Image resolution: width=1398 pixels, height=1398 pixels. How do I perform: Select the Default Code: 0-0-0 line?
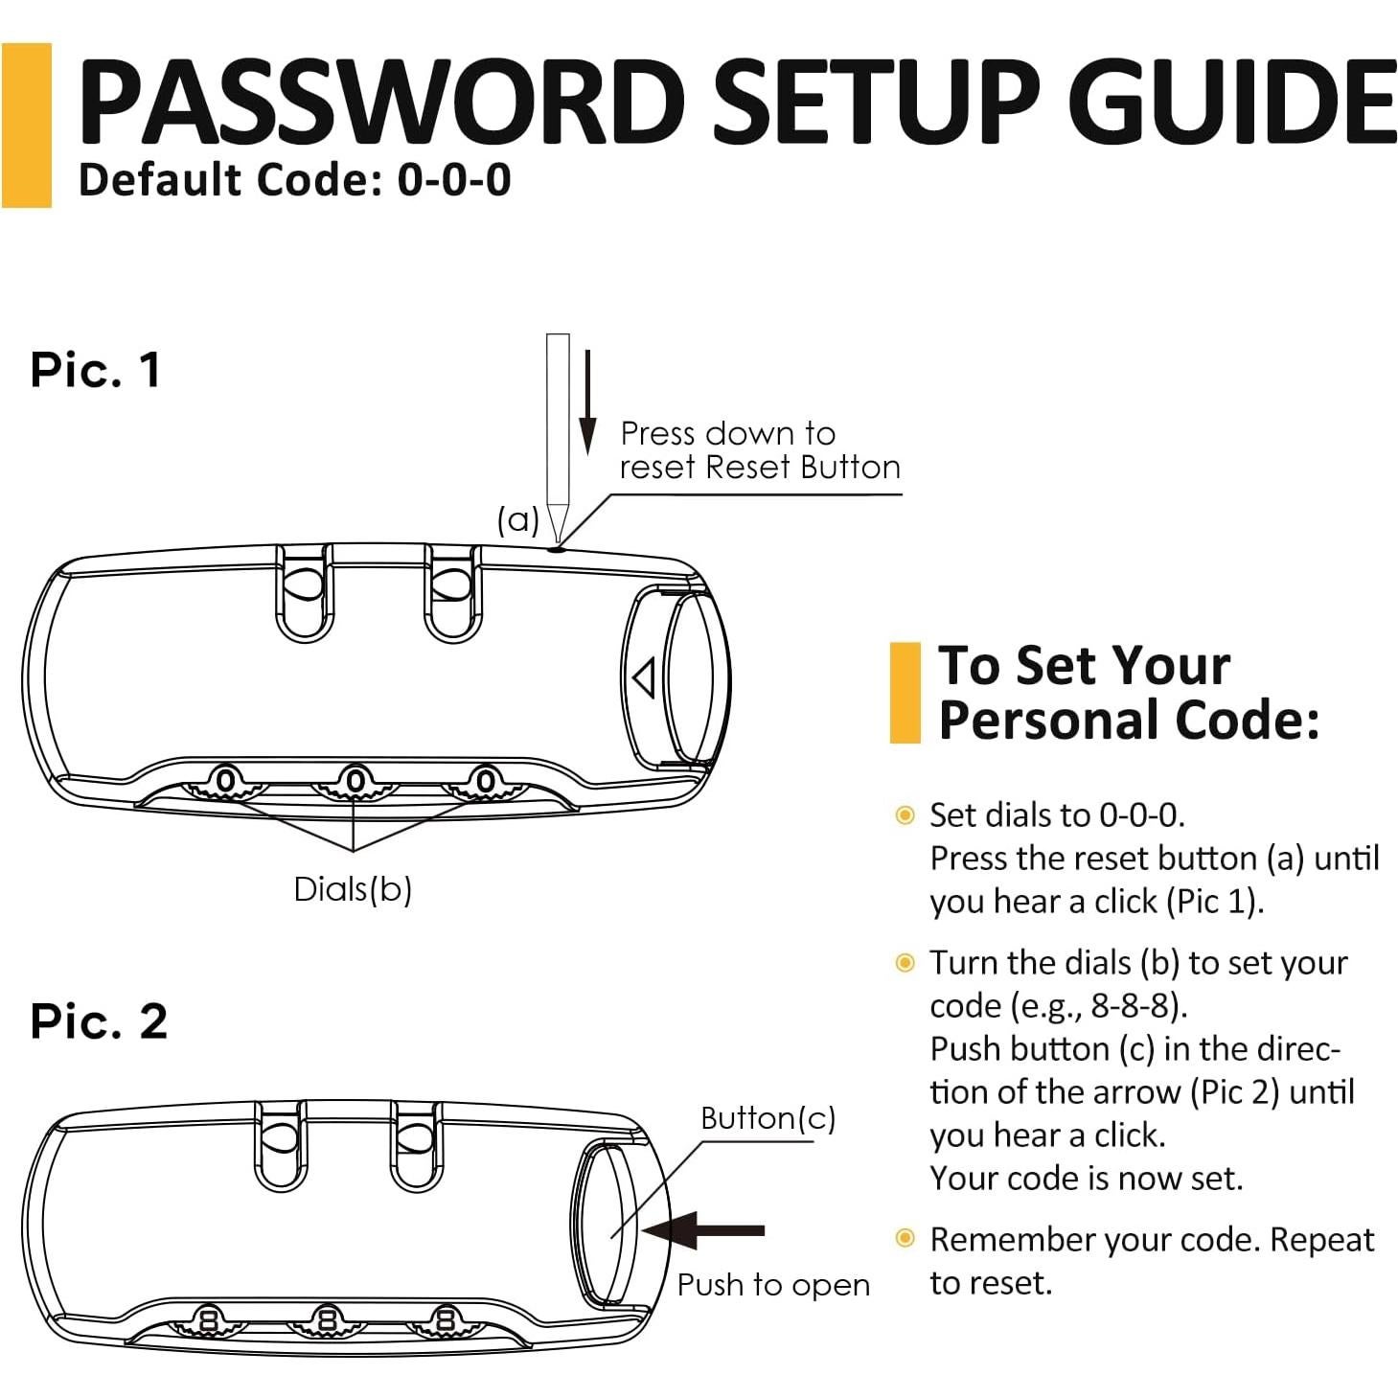coord(294,180)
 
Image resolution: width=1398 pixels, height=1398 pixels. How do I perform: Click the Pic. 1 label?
coord(95,370)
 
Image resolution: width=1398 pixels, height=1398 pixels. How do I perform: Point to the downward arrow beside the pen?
coord(587,402)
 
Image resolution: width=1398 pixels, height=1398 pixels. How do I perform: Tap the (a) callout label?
coord(518,519)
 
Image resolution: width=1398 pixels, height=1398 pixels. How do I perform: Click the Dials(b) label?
coord(353,889)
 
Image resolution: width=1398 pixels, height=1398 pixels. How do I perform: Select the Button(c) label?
coord(768,1118)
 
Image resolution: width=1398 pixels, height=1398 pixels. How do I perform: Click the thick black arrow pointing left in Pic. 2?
coord(703,1230)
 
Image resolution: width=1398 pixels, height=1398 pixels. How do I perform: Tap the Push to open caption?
coord(773,1286)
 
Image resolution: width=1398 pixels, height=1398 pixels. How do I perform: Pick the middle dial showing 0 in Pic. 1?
coord(355,783)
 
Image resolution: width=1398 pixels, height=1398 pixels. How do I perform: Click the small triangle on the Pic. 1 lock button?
coord(644,677)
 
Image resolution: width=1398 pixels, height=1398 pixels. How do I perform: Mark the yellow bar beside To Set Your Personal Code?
coord(905,693)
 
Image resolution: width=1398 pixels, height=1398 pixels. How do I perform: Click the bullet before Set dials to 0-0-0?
coord(905,815)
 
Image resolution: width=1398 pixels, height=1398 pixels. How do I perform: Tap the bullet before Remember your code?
coord(905,1238)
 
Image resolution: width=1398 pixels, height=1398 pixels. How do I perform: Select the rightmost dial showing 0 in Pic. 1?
coord(485,783)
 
